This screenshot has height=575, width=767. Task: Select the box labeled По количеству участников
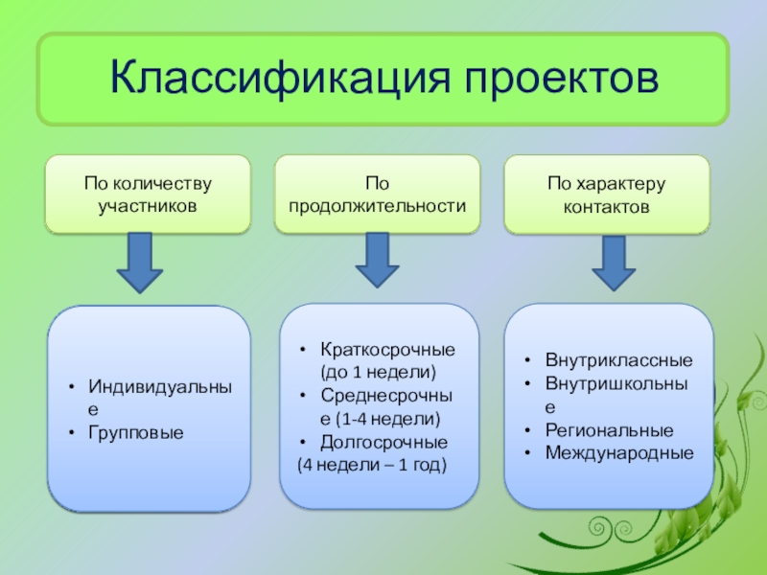coord(148,195)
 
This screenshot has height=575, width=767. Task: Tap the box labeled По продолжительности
coord(377,194)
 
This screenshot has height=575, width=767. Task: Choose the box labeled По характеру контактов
coord(607,195)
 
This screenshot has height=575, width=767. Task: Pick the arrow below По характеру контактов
coord(614,263)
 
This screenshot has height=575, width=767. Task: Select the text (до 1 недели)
coord(378,372)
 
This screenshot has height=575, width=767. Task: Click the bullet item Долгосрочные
coord(383,443)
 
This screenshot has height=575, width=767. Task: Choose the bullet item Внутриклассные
coord(618,362)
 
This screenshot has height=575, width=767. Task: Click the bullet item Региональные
coord(609,430)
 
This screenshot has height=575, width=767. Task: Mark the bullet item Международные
coord(618,452)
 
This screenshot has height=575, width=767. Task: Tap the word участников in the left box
coord(148,206)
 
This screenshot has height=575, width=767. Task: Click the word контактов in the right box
coord(607,207)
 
